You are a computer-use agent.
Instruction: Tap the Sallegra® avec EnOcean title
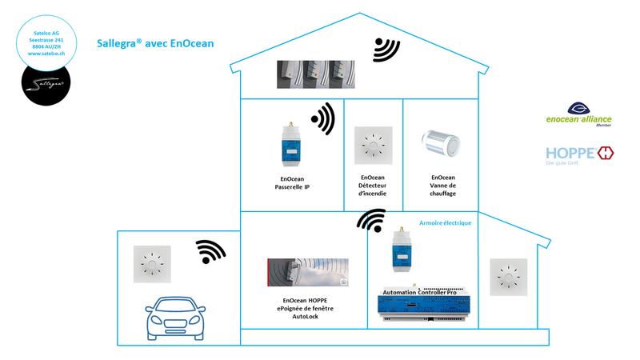[155, 43]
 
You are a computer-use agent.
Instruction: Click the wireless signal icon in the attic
[386, 50]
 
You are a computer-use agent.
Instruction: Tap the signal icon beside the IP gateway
[322, 118]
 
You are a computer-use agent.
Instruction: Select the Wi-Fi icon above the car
[210, 252]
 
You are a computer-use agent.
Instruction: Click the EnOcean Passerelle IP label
[292, 182]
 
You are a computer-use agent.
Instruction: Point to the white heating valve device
[441, 142]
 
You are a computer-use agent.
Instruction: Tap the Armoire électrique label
[445, 223]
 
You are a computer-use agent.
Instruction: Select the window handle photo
[308, 272]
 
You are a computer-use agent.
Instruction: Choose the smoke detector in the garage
[150, 264]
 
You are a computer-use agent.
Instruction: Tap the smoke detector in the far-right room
[507, 278]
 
